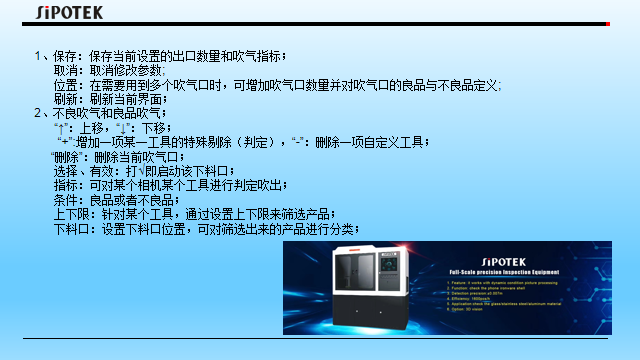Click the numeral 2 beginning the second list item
pos(36,114)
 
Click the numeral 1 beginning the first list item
pos(36,56)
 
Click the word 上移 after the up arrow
pos(91,128)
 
